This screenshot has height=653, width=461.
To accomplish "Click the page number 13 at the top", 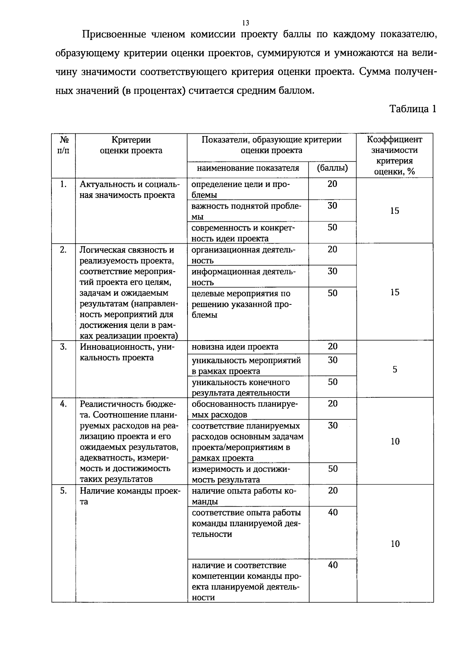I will (x=246, y=23).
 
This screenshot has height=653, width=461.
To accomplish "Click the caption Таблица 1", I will (x=413, y=109).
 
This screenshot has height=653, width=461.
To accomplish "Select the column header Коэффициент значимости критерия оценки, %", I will (x=395, y=156).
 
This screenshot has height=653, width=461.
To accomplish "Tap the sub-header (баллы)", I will (x=332, y=168).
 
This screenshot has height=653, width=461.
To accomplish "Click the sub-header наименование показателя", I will (x=248, y=168).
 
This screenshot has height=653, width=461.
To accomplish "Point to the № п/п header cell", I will (x=63, y=145).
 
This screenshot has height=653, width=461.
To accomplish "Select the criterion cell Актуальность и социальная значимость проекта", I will (x=129, y=189).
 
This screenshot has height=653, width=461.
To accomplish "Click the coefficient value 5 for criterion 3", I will (x=395, y=370).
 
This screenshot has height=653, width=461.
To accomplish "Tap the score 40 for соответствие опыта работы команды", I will (x=333, y=512).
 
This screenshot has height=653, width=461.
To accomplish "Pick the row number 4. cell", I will (x=63, y=404).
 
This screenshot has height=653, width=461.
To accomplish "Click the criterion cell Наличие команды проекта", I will (x=129, y=496).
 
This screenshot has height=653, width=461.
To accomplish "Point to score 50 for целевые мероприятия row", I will (x=333, y=293).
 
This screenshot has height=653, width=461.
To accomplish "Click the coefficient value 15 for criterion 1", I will (x=395, y=211).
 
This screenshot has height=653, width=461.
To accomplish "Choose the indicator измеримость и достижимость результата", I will (x=241, y=474).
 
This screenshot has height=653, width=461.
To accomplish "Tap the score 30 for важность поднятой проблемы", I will (x=333, y=206).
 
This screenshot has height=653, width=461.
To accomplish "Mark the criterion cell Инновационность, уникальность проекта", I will (x=127, y=352).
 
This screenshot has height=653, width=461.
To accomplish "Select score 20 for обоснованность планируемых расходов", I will (x=333, y=404).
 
